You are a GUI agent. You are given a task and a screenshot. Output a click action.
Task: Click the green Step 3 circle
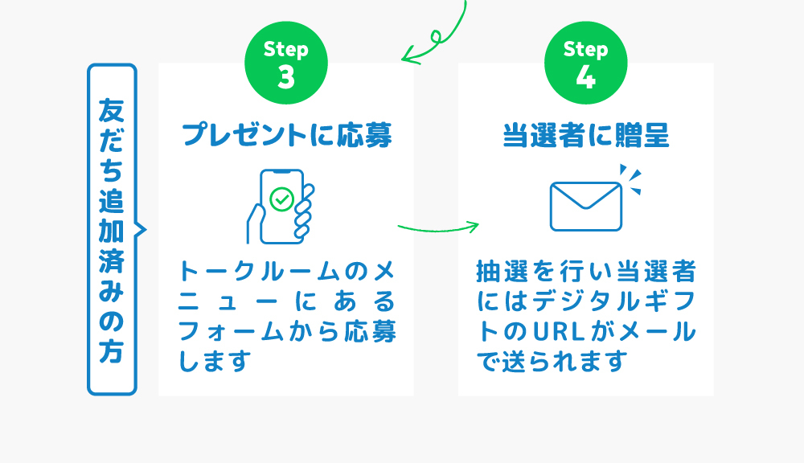click(286, 63)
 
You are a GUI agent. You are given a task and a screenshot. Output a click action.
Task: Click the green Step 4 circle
click(585, 63)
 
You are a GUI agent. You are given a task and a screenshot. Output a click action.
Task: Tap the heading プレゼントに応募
click(287, 135)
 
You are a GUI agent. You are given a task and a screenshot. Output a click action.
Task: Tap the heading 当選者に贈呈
click(586, 135)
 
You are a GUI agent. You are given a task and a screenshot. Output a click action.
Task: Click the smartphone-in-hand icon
click(281, 206)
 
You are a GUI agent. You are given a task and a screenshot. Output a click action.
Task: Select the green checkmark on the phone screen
click(282, 199)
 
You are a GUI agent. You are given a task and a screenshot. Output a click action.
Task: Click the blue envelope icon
click(585, 206)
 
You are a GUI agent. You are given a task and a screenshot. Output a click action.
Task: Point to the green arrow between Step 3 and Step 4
click(438, 228)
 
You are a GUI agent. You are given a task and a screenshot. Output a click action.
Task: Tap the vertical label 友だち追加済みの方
click(112, 229)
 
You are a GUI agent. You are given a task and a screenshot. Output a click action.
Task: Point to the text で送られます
click(552, 362)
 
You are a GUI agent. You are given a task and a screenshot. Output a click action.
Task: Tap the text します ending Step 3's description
click(215, 362)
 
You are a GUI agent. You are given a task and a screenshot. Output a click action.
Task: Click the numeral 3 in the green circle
click(286, 77)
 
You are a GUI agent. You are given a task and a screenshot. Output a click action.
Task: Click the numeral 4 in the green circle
click(585, 77)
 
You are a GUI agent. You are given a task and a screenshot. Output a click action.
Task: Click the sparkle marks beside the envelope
click(630, 179)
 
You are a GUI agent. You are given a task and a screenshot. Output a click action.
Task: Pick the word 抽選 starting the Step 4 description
click(502, 271)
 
